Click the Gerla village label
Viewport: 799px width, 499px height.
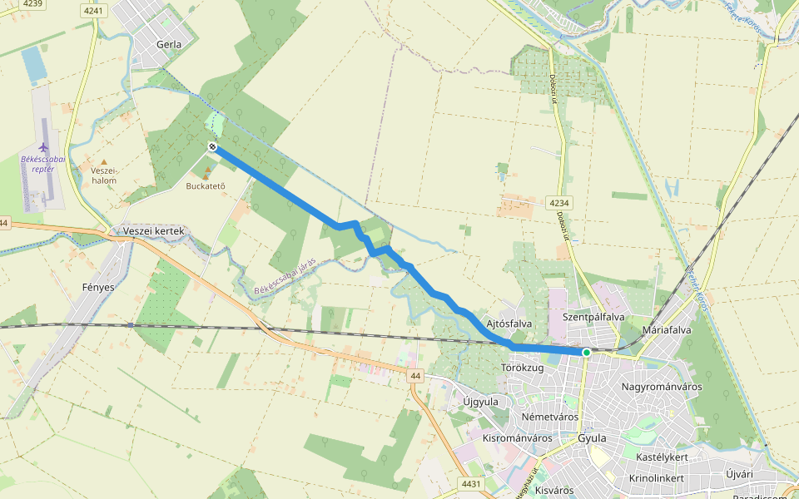(169, 42)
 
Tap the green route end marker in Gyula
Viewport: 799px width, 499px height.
(587, 353)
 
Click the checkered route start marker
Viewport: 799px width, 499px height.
(213, 147)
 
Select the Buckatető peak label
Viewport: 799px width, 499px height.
(206, 185)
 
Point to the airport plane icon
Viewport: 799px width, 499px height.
(43, 148)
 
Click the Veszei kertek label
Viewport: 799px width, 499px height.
(152, 230)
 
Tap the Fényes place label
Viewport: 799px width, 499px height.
(98, 287)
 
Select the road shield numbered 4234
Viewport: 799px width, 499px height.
(559, 203)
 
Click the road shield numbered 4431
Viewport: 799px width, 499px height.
(470, 483)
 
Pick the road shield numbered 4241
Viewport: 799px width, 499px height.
(94, 11)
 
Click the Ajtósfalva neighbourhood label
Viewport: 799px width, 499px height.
(509, 323)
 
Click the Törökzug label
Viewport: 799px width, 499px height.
(523, 367)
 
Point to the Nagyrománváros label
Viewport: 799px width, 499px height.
(662, 387)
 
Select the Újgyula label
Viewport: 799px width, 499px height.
(480, 402)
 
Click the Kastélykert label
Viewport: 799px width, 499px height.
(662, 457)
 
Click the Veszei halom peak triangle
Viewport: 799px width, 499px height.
(104, 161)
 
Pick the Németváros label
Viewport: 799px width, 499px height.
(549, 416)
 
